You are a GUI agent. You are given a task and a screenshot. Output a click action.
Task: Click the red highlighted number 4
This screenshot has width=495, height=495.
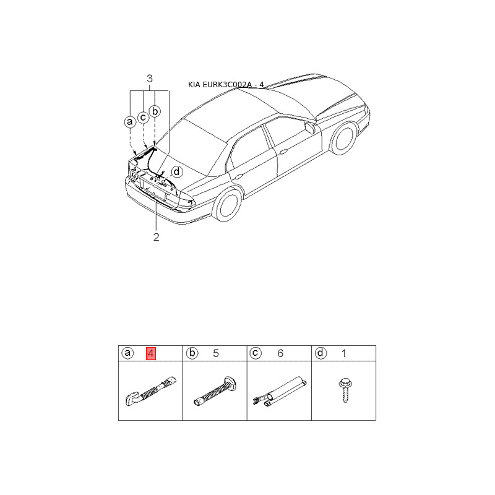pos(150,353)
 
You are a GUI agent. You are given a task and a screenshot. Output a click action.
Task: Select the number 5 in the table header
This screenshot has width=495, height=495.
pos(216,353)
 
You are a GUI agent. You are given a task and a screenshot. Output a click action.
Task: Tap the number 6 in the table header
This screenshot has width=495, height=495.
pos(280,353)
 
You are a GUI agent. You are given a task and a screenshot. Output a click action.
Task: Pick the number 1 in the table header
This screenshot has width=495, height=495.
pos(344,353)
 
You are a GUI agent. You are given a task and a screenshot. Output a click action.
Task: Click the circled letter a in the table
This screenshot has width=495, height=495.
pos(127,353)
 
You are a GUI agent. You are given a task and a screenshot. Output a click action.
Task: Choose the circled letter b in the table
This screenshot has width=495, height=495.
pos(192,353)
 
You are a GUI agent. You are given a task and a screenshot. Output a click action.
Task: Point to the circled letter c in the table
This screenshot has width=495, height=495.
pos(256,353)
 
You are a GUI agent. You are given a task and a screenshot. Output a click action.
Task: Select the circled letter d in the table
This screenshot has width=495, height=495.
pos(321,353)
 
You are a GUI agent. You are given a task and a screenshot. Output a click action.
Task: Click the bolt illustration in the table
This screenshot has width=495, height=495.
pos(344,390)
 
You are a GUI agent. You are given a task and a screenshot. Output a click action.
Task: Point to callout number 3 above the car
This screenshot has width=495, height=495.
pos(150,79)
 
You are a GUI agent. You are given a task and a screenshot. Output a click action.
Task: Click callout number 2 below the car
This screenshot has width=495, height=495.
pos(157,237)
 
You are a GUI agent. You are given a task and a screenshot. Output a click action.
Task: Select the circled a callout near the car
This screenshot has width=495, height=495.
pos(129,122)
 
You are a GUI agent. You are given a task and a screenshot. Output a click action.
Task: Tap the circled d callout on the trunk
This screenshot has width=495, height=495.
pos(177,172)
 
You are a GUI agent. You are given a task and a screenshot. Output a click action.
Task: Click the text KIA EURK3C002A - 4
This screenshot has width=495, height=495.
pos(226,85)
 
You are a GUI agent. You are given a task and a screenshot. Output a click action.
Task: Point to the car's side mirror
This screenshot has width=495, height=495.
pos(310,128)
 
